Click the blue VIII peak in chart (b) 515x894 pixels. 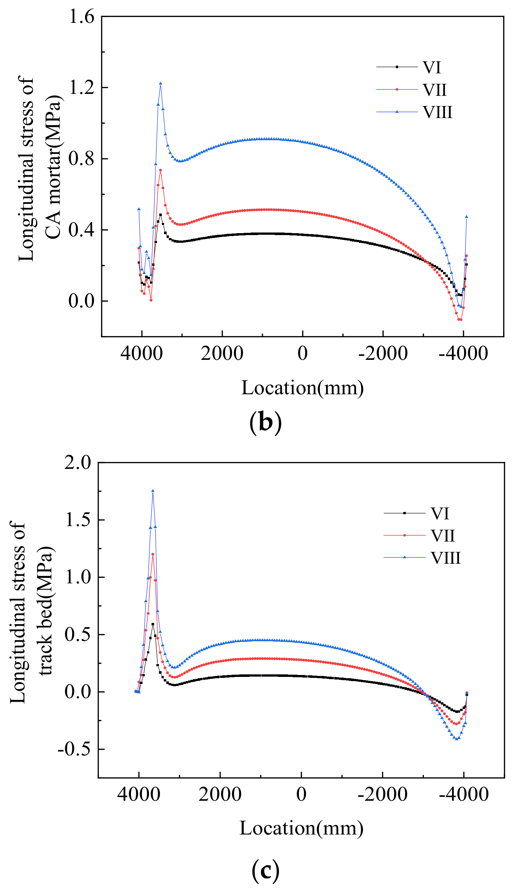[x=161, y=84]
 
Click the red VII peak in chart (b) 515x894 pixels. [x=161, y=170]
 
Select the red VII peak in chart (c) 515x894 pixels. [x=153, y=554]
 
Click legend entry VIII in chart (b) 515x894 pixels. [x=438, y=112]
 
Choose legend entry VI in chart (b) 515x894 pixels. [x=432, y=67]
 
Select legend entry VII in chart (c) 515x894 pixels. [x=442, y=536]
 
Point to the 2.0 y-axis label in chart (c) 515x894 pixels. [x=78, y=462]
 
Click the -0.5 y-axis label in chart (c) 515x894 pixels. [x=75, y=750]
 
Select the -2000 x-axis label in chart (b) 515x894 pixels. [x=383, y=353]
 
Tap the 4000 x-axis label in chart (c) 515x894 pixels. [x=139, y=794]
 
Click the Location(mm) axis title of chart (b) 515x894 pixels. [x=302, y=388]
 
